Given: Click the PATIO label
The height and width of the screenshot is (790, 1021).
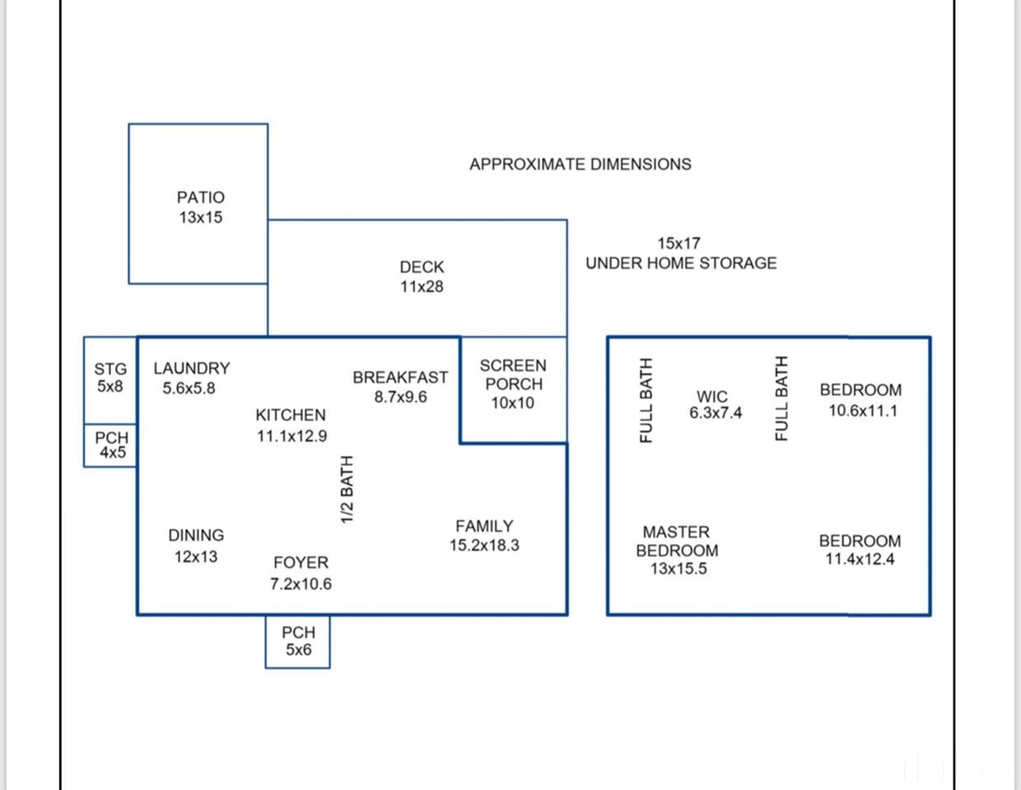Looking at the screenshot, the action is [x=201, y=197].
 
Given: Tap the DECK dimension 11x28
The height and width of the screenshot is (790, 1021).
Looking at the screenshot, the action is [x=422, y=286].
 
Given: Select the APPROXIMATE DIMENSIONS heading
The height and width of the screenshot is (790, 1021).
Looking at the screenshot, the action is [x=580, y=165].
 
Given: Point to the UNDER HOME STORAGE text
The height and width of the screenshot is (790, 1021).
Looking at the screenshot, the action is [x=681, y=263].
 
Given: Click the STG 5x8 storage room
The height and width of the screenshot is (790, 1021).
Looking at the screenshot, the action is [x=110, y=380].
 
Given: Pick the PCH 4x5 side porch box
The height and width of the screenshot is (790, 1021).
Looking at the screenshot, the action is [x=110, y=445].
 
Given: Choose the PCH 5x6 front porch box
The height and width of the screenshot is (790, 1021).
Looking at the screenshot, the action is [x=297, y=642].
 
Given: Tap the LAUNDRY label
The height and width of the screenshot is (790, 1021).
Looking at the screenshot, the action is [x=192, y=368].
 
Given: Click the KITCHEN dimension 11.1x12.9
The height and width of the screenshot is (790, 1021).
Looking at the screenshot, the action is [x=291, y=436].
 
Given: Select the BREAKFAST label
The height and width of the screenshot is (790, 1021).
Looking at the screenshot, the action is [x=400, y=378].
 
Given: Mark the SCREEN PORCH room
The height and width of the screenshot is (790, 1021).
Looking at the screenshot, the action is [x=513, y=389].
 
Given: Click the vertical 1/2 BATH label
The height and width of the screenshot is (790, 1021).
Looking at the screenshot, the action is [x=347, y=489].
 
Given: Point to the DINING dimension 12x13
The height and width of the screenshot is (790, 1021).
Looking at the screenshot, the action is [x=196, y=557].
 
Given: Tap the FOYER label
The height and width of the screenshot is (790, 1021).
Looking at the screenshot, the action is [x=301, y=562].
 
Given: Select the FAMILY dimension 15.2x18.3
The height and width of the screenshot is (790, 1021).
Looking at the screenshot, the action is [x=484, y=545].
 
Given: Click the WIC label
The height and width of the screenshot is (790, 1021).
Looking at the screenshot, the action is [x=712, y=397].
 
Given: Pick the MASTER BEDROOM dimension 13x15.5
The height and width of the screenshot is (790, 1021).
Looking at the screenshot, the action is [x=678, y=569].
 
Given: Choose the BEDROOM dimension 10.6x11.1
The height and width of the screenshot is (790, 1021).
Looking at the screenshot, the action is [x=863, y=411].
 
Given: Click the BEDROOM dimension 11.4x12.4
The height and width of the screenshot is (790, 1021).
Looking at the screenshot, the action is [x=860, y=559].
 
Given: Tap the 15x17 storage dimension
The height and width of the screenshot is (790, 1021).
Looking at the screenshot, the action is [x=678, y=243].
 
